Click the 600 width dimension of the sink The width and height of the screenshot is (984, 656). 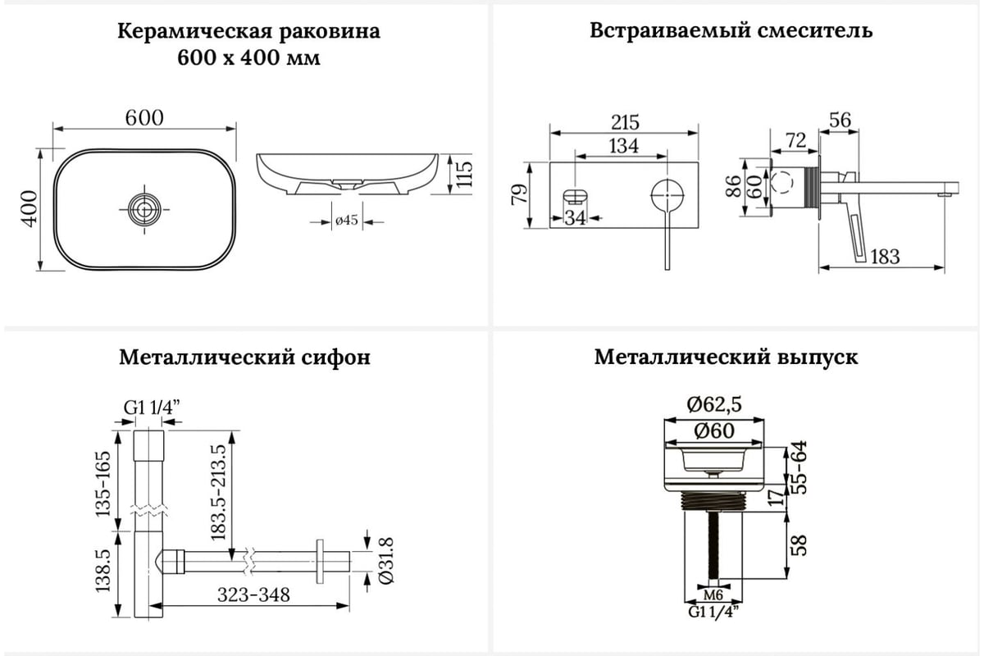point(144,117)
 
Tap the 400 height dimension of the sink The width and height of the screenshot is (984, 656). point(30,209)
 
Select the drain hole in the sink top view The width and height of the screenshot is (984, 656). point(144,209)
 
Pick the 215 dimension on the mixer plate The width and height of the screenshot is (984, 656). point(625,122)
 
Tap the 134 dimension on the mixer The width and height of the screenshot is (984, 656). point(623,146)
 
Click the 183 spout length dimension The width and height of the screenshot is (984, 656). point(884,257)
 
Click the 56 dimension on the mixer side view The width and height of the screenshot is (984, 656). point(840,120)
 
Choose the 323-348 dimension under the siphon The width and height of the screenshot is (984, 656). point(253,595)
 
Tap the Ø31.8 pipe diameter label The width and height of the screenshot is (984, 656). point(387,563)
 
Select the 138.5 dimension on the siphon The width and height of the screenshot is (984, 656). point(102,572)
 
